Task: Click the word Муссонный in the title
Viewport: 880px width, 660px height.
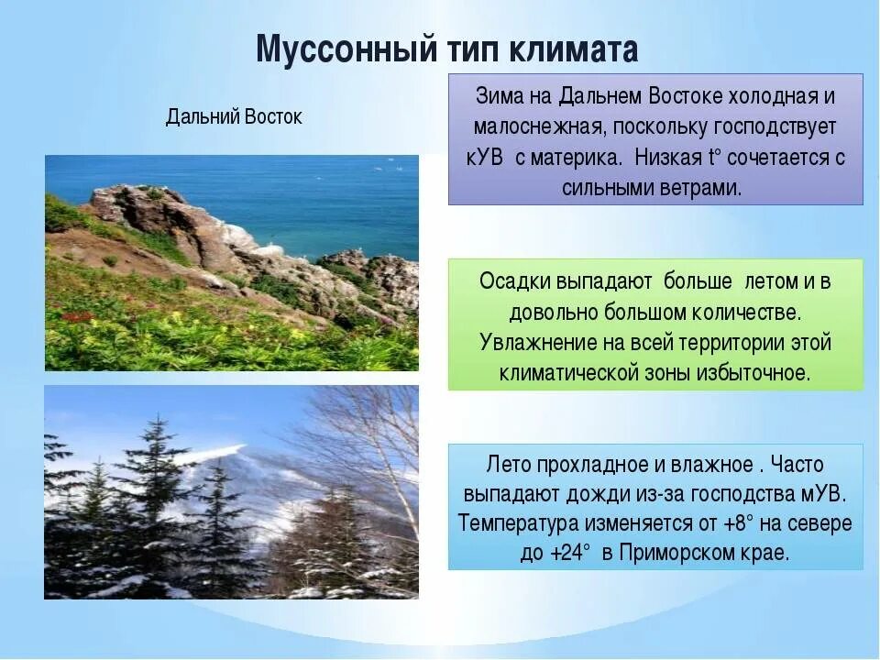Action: pyautogui.click(x=346, y=49)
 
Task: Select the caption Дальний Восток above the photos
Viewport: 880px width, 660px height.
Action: pyautogui.click(x=234, y=116)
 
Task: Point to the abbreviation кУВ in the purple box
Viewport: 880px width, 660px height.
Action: pyautogui.click(x=485, y=158)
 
